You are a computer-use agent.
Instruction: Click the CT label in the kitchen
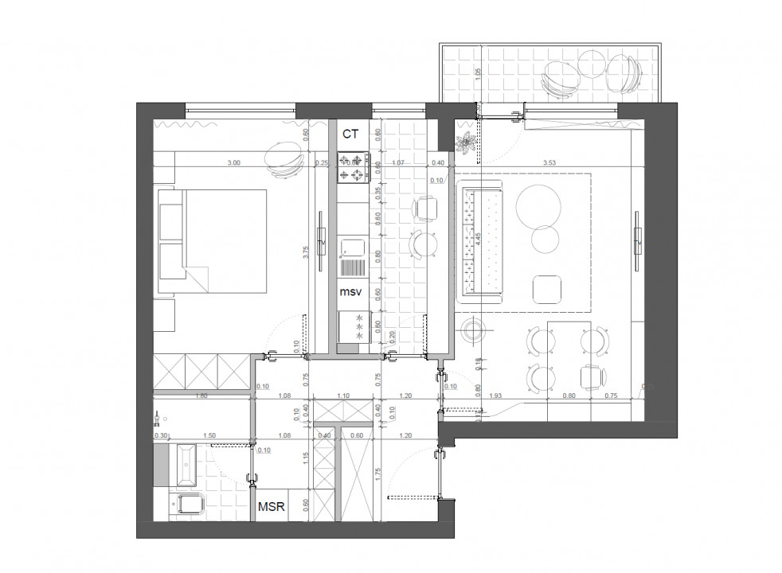pos(351,134)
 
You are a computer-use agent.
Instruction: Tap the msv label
pos(351,293)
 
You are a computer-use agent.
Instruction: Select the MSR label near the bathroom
pos(272,505)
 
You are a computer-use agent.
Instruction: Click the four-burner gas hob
pos(351,167)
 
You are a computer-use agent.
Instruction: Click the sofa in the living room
pos(480,240)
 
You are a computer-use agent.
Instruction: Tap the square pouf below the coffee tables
pos(547,289)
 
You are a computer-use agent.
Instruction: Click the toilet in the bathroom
pos(189,504)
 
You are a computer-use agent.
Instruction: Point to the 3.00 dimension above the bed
pos(233,162)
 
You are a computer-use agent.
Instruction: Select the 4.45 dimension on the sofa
pos(478,238)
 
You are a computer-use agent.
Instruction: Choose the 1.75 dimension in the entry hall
pos(377,472)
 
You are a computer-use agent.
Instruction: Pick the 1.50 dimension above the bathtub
pos(209,435)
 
